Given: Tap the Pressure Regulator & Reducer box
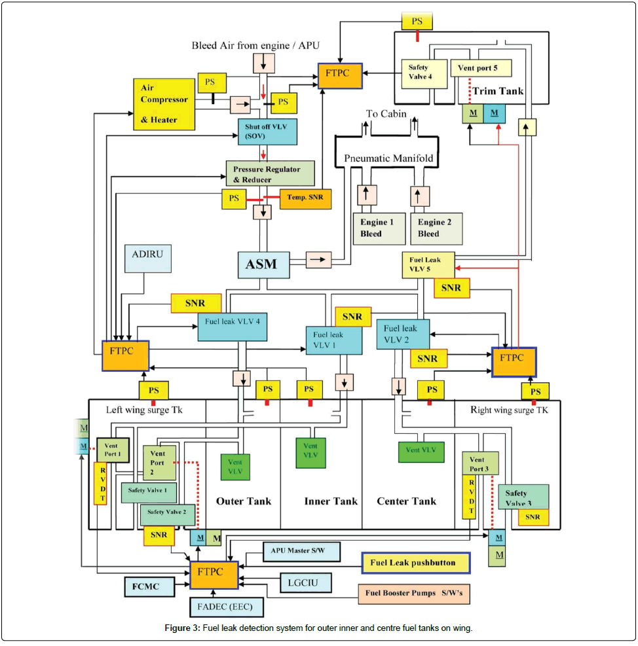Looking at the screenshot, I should click(x=271, y=173).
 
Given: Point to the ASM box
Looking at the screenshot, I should click(x=261, y=265).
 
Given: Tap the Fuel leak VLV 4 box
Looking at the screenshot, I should click(x=233, y=326).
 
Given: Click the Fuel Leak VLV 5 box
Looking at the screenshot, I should click(x=428, y=264).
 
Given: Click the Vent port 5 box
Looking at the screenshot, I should click(x=480, y=67).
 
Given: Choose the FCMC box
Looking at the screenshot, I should click(x=149, y=585).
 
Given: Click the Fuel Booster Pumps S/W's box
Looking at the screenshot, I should click(x=414, y=594).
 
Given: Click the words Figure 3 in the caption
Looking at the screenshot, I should click(x=183, y=629).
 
